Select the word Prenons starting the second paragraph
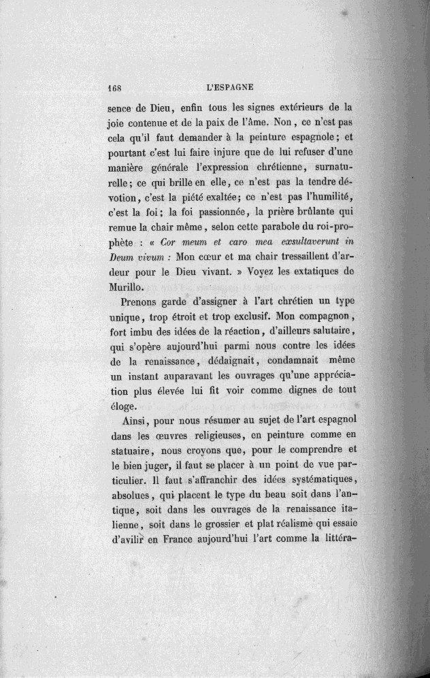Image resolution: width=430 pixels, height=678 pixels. click(x=142, y=304)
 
